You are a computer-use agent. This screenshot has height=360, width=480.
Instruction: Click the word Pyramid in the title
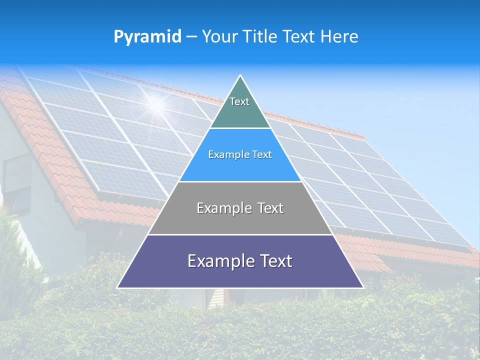(147, 36)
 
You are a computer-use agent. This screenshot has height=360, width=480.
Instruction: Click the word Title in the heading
(260, 36)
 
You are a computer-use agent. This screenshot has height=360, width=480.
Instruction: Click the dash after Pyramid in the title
(191, 37)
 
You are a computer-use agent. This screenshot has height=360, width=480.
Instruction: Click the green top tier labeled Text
(239, 110)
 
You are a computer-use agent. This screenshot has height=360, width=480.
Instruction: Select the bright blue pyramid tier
(240, 162)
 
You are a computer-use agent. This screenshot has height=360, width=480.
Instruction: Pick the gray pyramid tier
(240, 215)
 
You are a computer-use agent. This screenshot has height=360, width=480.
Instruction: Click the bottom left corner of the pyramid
(118, 287)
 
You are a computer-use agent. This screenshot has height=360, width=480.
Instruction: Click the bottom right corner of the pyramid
(362, 287)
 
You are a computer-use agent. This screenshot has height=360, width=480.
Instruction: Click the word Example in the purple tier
(220, 261)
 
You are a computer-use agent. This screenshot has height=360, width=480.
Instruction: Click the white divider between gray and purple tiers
(240, 234)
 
